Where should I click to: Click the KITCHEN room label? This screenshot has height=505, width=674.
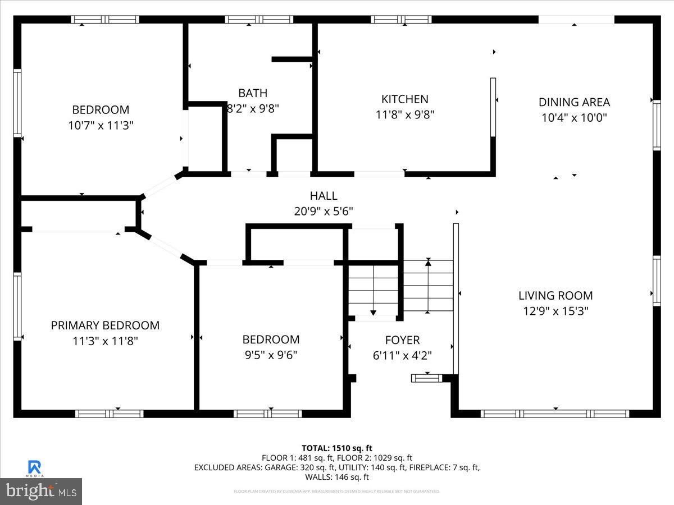404,99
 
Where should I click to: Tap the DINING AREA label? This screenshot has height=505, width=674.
573,102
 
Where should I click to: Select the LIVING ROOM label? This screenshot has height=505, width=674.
555,296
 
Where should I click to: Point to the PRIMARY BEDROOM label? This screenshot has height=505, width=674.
105,325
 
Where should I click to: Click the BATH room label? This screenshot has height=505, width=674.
253,93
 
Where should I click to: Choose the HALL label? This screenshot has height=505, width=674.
324,196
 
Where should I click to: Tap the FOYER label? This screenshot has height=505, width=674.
402,340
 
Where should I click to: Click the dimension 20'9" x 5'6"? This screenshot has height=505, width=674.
324,211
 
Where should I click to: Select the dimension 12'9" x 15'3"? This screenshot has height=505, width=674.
555,311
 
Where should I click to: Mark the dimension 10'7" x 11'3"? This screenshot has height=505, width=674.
101,125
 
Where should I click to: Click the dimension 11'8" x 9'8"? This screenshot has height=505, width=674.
404,114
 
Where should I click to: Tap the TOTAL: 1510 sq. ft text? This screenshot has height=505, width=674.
337,448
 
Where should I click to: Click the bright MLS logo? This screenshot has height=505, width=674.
41,492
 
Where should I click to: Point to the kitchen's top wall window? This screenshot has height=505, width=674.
401,20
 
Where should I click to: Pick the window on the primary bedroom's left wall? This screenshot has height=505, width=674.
17,306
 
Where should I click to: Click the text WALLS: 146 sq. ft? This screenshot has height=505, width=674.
337,477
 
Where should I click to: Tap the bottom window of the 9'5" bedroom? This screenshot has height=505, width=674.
267,414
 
